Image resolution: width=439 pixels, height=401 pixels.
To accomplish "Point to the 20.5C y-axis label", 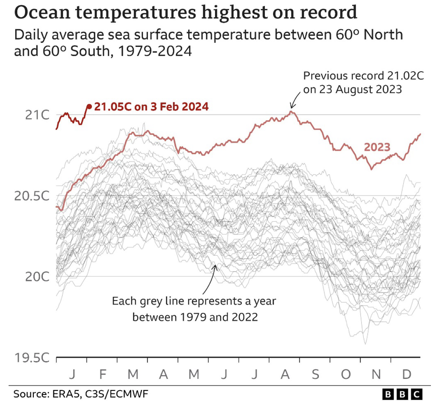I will click(32, 196).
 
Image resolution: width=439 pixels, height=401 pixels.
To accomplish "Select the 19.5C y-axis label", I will click(32, 358).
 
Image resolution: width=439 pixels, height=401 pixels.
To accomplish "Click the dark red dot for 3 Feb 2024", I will click(89, 106).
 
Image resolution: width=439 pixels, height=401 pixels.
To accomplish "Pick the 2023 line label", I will click(377, 147).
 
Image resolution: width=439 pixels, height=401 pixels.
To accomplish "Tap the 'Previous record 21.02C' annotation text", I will click(363, 76).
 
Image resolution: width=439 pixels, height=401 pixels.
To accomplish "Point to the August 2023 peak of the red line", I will click(291, 111).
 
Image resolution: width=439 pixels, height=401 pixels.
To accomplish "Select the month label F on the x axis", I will click(102, 375).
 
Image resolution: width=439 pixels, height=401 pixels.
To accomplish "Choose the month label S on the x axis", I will click(315, 375).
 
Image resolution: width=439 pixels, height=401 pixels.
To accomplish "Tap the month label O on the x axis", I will click(346, 375).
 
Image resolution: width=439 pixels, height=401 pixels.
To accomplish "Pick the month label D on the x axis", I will click(406, 375).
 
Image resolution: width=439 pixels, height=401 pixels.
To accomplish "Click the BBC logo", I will click(402, 393).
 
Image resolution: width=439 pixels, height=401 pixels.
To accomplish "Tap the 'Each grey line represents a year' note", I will click(194, 302).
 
